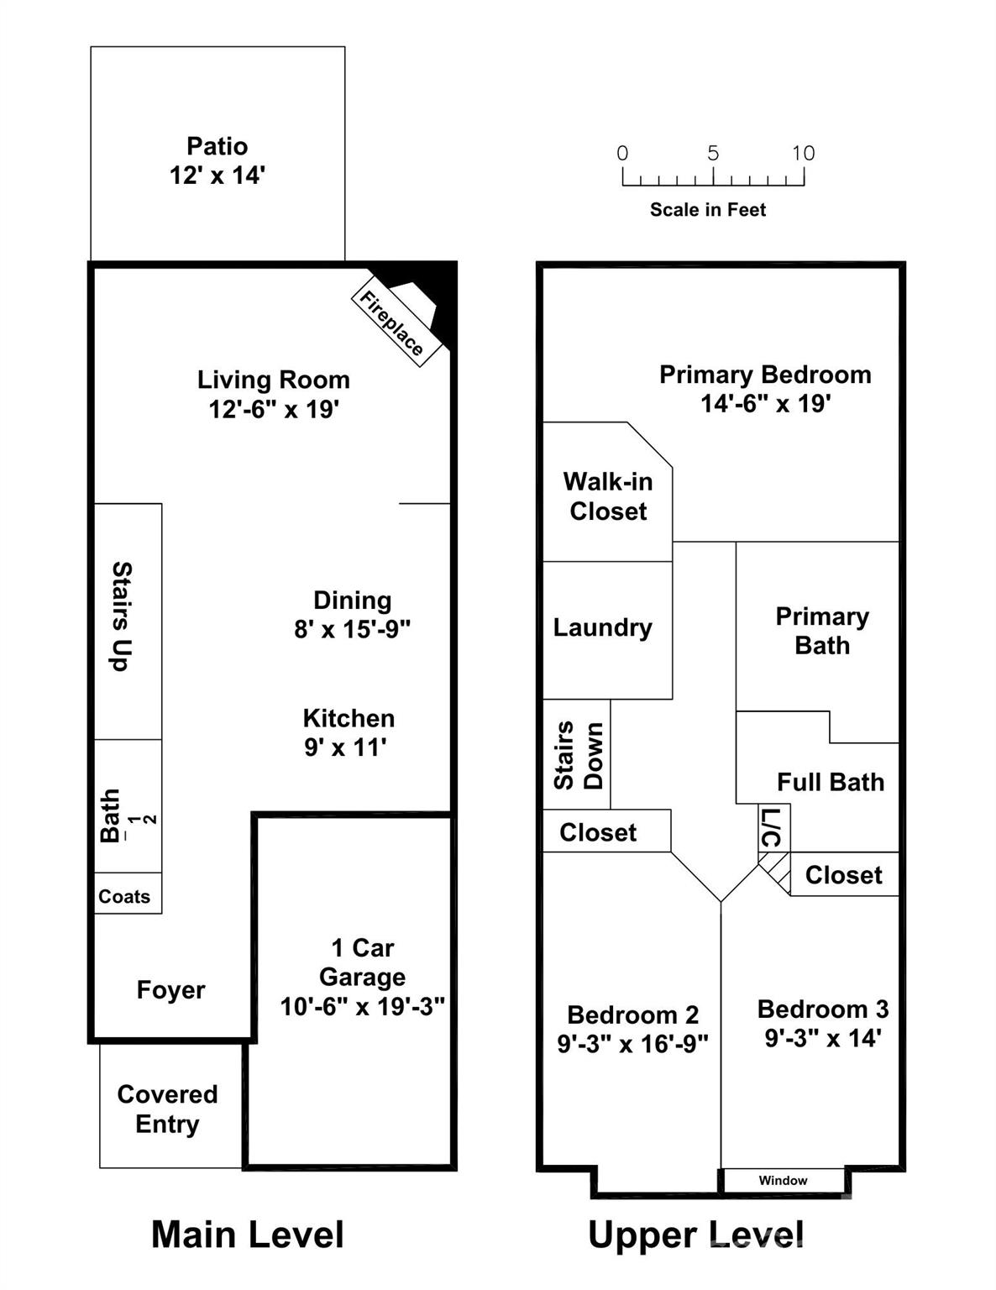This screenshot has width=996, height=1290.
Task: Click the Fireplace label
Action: (x=391, y=323)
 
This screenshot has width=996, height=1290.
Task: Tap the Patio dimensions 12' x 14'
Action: (x=218, y=176)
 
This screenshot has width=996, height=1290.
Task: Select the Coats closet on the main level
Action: (x=124, y=896)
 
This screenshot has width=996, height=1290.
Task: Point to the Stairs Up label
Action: (x=123, y=616)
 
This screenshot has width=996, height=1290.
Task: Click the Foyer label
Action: (x=170, y=989)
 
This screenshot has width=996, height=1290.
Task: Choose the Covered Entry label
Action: (x=167, y=1109)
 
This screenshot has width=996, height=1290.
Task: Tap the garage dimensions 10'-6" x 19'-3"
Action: (x=362, y=1006)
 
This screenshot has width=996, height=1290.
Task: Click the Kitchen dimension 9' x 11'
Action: (x=345, y=747)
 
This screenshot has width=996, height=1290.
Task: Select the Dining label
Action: (x=352, y=600)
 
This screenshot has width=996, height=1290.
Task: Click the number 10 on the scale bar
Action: (x=803, y=153)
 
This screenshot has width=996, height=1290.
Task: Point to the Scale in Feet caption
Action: (x=708, y=210)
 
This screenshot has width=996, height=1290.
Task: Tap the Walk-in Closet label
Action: (x=608, y=496)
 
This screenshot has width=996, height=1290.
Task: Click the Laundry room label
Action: (x=602, y=627)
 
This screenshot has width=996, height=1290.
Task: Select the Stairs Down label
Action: (x=578, y=755)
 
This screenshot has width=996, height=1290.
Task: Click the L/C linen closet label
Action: (x=772, y=828)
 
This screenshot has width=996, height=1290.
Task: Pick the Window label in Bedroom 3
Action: (x=783, y=1180)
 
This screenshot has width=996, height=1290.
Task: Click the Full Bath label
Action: (x=831, y=782)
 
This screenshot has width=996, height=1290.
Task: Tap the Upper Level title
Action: (x=695, y=1235)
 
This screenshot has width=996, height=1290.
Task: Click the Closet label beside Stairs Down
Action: (x=598, y=832)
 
